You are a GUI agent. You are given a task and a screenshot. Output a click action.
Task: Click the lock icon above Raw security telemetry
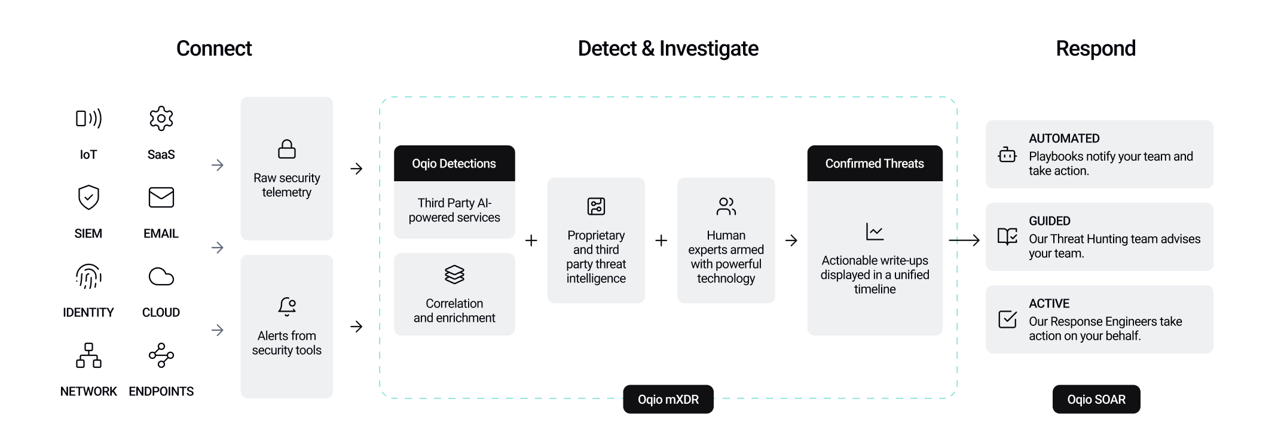[287, 149]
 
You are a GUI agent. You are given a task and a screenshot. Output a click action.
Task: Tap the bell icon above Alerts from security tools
[287, 306]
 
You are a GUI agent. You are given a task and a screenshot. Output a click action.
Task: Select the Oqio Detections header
[454, 163]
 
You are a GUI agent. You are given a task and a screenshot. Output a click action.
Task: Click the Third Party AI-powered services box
[454, 210]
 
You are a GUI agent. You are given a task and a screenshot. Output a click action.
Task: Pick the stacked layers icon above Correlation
[454, 275]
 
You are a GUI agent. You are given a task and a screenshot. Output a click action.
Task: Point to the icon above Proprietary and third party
[596, 206]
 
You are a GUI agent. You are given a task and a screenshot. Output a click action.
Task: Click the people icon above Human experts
[726, 206]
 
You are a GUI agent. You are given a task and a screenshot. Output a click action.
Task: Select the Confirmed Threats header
[875, 163]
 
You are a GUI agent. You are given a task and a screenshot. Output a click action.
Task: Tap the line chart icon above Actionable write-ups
[875, 231]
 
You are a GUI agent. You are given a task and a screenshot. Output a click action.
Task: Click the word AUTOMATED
[1064, 138]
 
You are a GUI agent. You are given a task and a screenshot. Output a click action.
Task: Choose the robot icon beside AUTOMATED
[1007, 155]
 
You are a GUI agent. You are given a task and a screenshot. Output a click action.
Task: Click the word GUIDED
[1050, 221]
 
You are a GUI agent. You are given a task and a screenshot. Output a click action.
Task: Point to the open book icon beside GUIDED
[1007, 237]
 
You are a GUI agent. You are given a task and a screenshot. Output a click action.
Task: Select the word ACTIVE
[1049, 303]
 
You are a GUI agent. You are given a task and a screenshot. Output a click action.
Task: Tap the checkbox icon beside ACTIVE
[1007, 319]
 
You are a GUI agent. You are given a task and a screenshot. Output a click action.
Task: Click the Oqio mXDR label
[668, 400]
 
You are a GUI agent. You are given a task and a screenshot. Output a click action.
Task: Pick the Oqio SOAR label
[1096, 400]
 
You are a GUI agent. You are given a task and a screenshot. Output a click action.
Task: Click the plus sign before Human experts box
[661, 241]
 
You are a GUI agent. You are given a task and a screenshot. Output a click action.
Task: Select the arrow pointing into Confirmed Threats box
[791, 241]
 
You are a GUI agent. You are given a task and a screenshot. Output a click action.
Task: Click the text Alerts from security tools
[287, 343]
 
